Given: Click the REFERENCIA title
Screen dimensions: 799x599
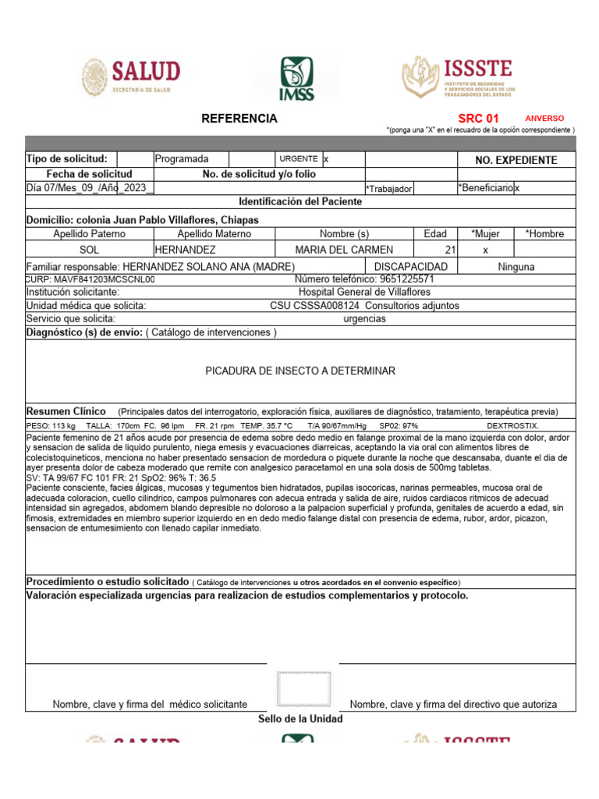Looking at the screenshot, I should (x=239, y=119).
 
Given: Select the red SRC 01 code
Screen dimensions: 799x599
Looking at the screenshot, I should (x=478, y=119).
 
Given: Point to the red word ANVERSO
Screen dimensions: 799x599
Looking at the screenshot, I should (x=544, y=119).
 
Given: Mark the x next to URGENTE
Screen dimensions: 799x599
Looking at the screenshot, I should (x=327, y=159).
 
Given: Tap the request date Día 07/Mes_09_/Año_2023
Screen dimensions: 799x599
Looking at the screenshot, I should (x=88, y=188).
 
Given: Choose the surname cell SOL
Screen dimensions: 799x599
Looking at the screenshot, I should (x=90, y=250).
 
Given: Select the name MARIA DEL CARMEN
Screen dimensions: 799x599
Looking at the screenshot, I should (x=344, y=250).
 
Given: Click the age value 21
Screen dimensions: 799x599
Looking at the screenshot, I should (x=449, y=250).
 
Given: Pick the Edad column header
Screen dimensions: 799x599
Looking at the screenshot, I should (x=435, y=233).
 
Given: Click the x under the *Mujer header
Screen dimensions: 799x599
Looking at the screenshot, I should (x=485, y=250).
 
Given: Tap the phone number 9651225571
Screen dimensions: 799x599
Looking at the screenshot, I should (x=407, y=279).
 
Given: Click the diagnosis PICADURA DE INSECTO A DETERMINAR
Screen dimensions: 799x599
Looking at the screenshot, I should (x=300, y=371).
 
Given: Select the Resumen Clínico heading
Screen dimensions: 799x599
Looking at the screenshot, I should (x=66, y=411).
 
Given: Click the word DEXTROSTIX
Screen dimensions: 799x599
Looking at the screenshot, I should (x=512, y=425).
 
